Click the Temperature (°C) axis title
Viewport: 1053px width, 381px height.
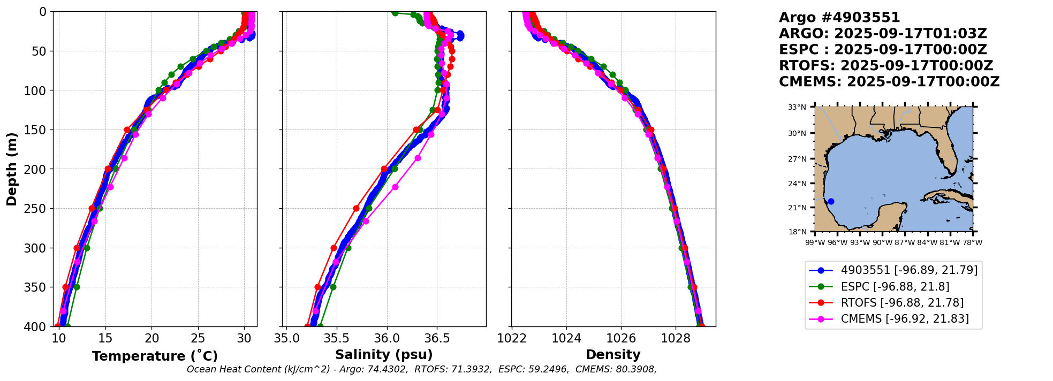[155, 356]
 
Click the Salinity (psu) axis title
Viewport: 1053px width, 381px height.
[384, 355]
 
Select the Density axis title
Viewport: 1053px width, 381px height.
[613, 355]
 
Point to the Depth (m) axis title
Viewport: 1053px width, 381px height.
[11, 169]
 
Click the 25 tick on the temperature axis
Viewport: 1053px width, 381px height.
[198, 338]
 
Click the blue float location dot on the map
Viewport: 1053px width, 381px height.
[831, 202]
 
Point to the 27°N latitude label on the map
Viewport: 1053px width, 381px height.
[797, 159]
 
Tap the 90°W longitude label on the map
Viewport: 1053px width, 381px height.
[882, 242]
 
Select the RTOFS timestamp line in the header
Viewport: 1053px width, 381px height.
[886, 66]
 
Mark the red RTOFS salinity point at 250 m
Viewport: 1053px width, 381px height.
[356, 208]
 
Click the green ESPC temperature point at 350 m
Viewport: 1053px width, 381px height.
[77, 287]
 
